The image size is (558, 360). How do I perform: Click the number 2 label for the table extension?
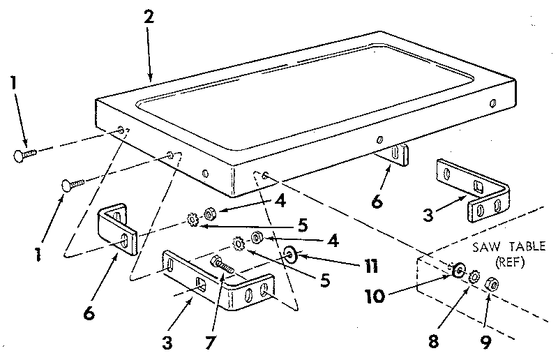148,19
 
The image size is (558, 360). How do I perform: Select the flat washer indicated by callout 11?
289,252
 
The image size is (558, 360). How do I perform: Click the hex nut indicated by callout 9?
490,282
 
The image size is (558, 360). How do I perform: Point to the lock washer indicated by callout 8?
474,276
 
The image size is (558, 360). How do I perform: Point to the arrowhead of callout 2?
151,79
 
